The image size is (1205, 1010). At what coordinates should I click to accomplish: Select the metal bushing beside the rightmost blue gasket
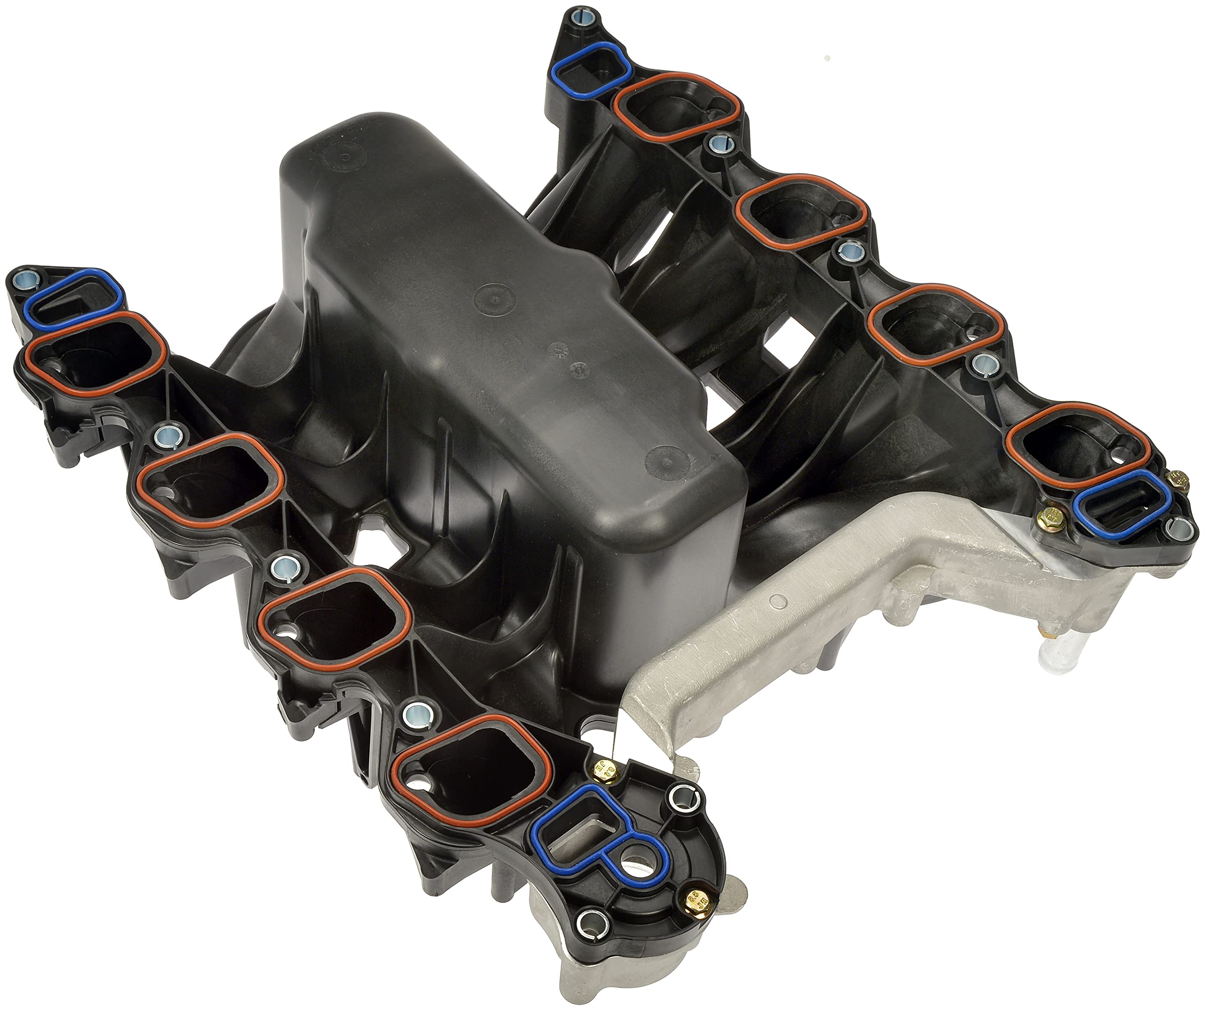pos(1176,526)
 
